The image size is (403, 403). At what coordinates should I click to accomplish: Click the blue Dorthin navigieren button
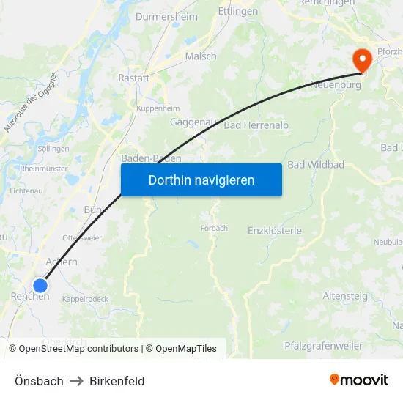pos(201,180)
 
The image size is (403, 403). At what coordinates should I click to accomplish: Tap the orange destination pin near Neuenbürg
pos(362,59)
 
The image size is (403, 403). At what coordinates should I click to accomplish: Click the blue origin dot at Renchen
pos(40,285)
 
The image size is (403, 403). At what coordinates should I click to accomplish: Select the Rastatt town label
pos(134,77)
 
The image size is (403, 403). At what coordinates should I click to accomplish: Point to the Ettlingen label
pos(238,12)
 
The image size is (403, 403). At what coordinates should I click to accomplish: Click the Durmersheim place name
pos(166,15)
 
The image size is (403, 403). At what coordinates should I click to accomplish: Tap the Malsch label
pos(200,56)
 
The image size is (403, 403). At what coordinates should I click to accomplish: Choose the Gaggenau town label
pos(192,122)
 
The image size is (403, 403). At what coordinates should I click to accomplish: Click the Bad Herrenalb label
pos(256,125)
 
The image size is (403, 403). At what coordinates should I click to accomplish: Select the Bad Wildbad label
pos(316,165)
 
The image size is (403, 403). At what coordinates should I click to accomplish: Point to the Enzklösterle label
pos(275,230)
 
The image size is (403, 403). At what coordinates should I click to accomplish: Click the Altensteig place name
pos(346,295)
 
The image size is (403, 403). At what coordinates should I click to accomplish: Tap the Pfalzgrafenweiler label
pos(323,345)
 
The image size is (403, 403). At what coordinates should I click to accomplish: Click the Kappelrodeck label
pos(85,299)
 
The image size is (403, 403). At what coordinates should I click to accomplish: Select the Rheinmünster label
pos(44,168)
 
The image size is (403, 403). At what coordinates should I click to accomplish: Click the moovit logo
pos(358,380)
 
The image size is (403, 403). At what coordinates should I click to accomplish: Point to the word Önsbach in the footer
pos(39,381)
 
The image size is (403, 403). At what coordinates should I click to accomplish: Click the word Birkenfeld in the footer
pos(117,381)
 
